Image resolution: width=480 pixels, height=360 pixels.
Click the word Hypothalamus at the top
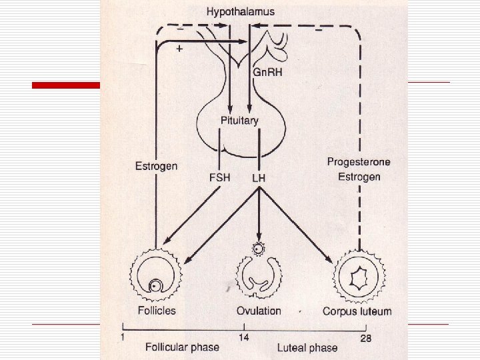click(x=240, y=11)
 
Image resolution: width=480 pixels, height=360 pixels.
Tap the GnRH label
click(x=269, y=72)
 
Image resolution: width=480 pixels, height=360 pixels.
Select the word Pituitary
click(x=239, y=121)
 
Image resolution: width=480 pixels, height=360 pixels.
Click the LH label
click(x=259, y=178)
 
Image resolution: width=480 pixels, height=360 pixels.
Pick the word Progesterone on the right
click(x=358, y=162)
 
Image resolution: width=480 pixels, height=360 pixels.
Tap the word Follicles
click(x=156, y=311)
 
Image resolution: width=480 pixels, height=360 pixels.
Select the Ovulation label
click(x=259, y=311)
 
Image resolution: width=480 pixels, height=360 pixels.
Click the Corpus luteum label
click(x=357, y=311)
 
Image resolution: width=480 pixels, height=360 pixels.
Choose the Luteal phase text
click(x=307, y=347)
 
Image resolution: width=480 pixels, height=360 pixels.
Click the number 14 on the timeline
click(x=244, y=338)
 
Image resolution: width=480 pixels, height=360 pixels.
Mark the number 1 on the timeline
click(x=122, y=336)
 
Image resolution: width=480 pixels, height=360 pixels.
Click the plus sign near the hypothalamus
click(x=179, y=49)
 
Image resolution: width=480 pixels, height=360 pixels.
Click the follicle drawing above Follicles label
click(x=155, y=275)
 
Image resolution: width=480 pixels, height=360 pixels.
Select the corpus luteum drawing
click(x=361, y=275)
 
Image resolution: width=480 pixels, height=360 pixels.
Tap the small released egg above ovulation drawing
click(x=257, y=249)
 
